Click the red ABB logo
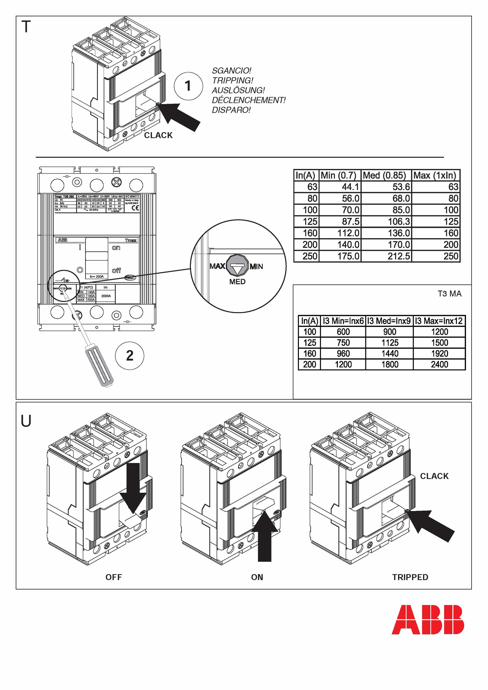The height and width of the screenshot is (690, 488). coord(428,620)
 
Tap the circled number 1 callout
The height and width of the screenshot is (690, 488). coord(188,86)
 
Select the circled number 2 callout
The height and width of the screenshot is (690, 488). coord(130,356)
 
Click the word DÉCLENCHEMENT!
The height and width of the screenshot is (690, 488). coord(249,100)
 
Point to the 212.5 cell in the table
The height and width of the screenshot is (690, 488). coord(398,256)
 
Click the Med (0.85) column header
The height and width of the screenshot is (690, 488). coord(384,175)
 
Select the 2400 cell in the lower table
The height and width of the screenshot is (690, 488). coord(439,364)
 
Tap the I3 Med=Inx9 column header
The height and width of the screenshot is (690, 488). coord(389,321)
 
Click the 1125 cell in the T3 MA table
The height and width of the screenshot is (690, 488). coord(390,343)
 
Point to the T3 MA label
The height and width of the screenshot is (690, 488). coord(450,294)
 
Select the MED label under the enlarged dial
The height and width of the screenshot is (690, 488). coord(237,282)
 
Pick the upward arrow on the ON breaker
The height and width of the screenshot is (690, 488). coord(264,537)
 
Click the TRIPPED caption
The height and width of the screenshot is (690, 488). coord(410,577)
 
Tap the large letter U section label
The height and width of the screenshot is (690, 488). coord(26,421)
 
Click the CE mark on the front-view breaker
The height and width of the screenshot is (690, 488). coord(135,208)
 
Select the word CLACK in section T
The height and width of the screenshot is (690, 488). coord(158,135)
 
